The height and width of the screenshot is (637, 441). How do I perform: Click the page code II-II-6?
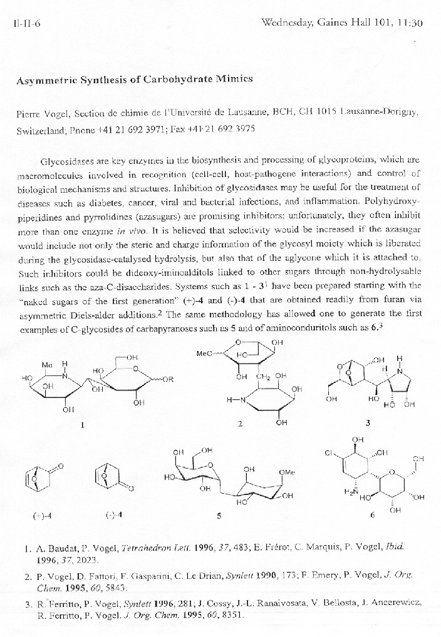pos(26,24)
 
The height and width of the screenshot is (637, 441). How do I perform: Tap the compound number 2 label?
pos(239,424)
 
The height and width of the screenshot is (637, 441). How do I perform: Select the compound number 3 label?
pos(368,423)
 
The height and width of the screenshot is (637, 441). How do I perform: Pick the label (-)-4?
pos(113,515)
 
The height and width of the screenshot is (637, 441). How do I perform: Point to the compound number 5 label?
pos(219,516)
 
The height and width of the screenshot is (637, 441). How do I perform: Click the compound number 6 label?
pos(372,516)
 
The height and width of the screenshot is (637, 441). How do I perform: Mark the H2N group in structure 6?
pos(351,492)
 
